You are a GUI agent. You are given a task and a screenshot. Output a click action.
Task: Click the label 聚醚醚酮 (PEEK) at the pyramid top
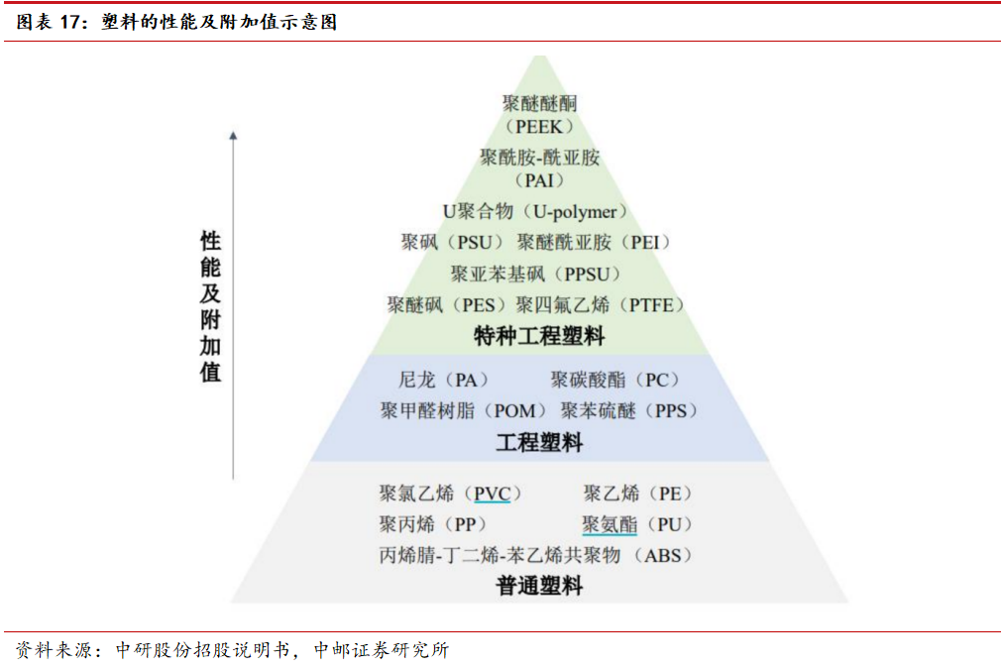click(x=539, y=114)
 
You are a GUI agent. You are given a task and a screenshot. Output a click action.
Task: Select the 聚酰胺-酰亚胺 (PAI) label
click(x=539, y=168)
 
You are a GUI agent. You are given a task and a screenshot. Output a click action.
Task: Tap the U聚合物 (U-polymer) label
click(x=535, y=212)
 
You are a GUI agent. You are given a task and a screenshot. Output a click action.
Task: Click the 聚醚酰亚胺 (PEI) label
click(x=594, y=242)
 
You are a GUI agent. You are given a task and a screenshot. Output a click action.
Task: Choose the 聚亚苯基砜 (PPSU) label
click(x=535, y=274)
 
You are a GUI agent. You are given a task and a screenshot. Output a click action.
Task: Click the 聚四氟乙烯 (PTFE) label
click(x=601, y=304)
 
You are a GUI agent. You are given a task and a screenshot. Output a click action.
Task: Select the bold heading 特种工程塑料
click(x=539, y=336)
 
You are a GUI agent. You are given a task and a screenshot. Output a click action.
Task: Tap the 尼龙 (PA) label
click(x=444, y=380)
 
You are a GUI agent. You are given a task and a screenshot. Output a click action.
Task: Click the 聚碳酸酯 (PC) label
click(x=616, y=380)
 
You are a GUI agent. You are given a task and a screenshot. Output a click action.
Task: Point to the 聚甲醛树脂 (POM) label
click(x=464, y=410)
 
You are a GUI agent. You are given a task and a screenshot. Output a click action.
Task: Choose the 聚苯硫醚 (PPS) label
click(x=629, y=410)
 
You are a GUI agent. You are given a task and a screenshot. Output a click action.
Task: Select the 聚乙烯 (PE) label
click(x=638, y=494)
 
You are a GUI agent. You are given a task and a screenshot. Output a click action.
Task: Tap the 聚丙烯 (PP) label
click(x=432, y=524)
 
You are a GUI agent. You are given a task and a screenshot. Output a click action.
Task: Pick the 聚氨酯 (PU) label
click(x=638, y=524)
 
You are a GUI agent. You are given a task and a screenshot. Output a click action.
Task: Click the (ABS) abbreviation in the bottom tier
click(x=663, y=555)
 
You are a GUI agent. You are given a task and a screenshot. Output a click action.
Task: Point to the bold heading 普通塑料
click(x=539, y=586)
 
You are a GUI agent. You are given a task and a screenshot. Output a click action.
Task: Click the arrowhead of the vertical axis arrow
click(x=233, y=136)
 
